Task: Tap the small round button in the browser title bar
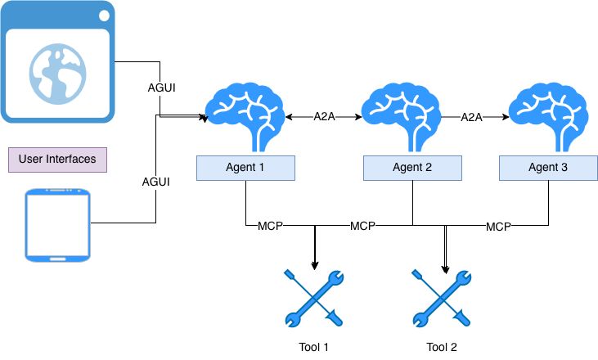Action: tap(104, 15)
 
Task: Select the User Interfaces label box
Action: tap(57, 159)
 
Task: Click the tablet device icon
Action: tap(57, 226)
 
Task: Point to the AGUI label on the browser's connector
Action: tap(160, 86)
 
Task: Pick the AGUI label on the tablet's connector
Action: tap(155, 181)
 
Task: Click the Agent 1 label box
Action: tap(245, 168)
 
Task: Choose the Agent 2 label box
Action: tap(412, 168)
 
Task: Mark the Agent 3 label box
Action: tap(548, 168)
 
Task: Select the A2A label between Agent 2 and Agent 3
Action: tap(471, 117)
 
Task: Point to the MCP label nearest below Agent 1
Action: tap(271, 225)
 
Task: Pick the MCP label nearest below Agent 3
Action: tap(498, 225)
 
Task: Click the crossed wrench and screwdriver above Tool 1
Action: tap(315, 299)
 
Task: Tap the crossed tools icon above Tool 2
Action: tap(442, 299)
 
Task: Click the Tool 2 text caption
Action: tap(442, 347)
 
